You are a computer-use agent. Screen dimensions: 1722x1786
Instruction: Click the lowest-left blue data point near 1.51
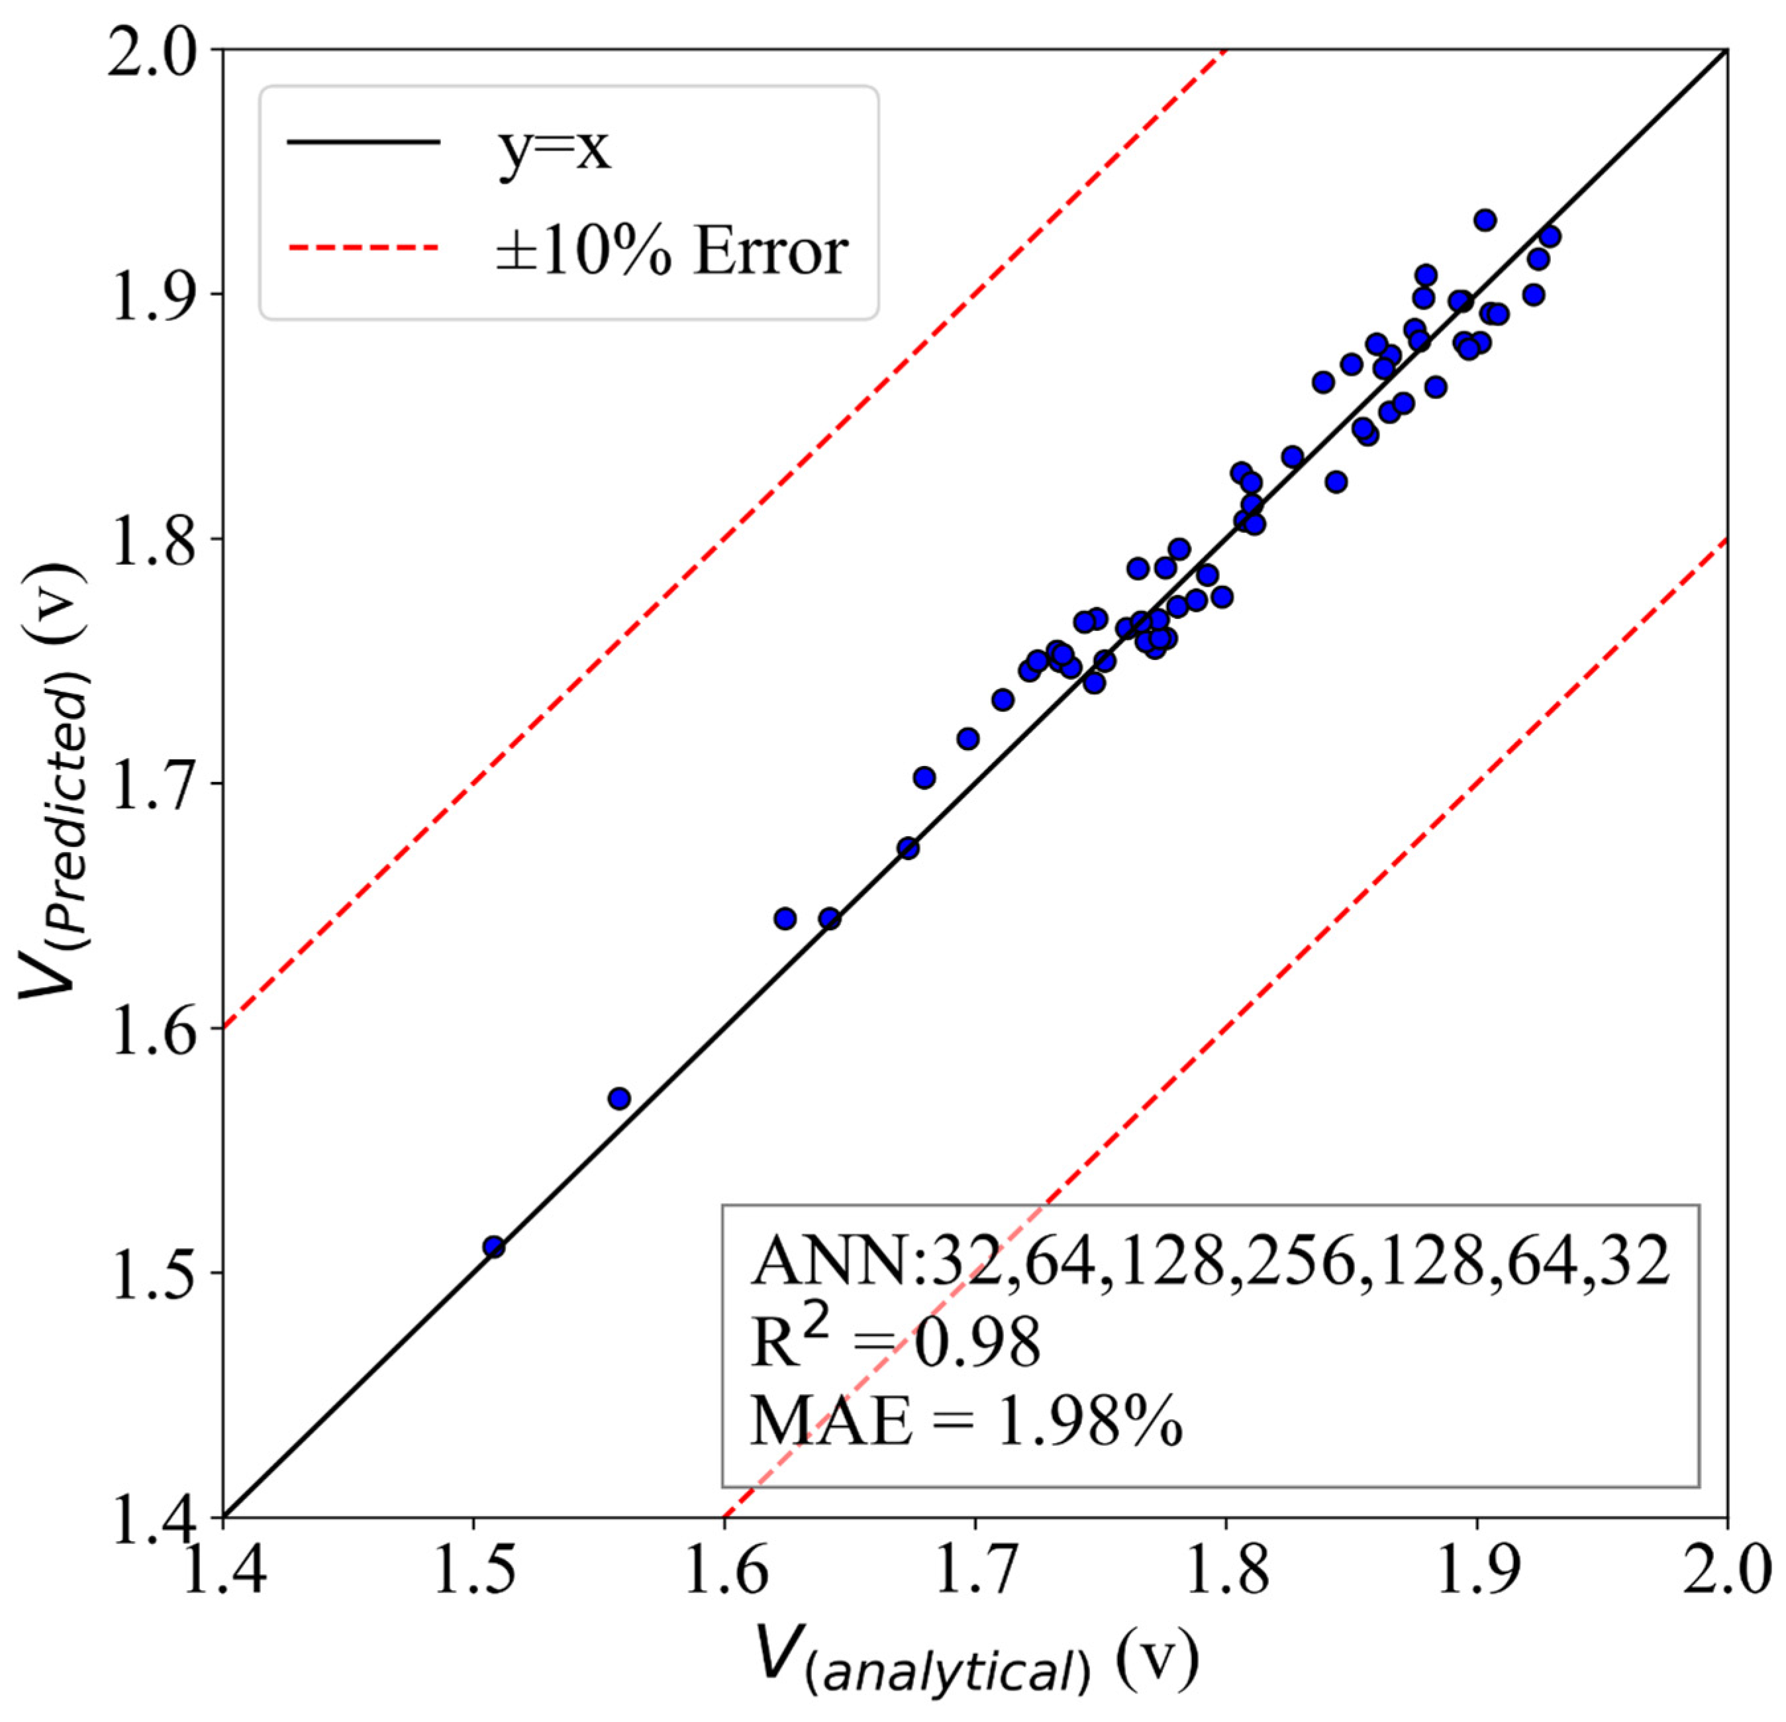494,1247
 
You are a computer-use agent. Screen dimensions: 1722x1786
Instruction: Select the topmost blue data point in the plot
1485,220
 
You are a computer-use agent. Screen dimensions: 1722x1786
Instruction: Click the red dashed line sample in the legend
364,247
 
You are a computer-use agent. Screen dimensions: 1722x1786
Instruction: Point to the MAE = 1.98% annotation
966,1421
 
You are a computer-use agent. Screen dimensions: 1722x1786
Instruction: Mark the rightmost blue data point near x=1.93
1550,237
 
